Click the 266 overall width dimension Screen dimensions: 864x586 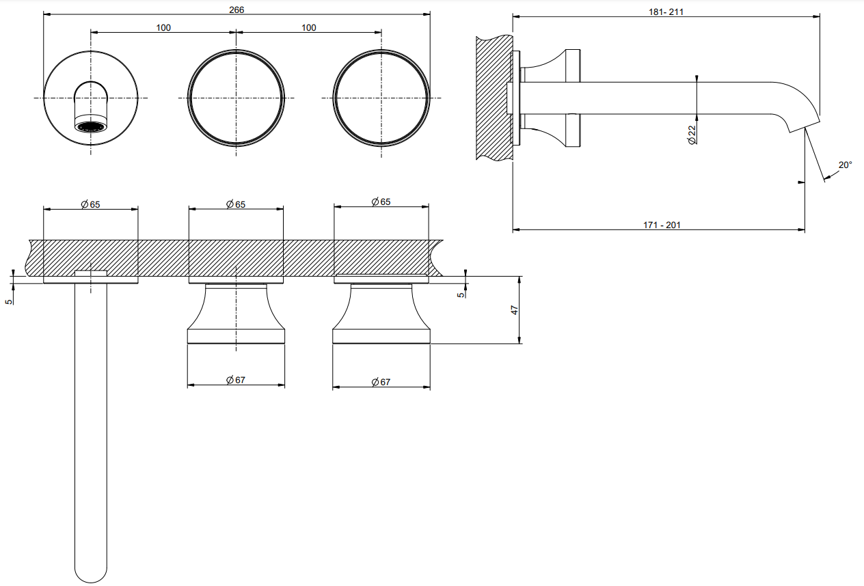(x=237, y=10)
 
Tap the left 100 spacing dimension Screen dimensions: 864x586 (x=163, y=28)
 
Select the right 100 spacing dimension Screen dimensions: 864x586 (x=308, y=28)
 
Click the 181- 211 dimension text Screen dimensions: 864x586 (x=666, y=12)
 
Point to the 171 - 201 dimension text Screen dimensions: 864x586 (x=662, y=225)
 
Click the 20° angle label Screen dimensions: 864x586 (x=845, y=165)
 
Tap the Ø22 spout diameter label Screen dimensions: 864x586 (x=692, y=135)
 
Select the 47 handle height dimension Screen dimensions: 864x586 (x=515, y=310)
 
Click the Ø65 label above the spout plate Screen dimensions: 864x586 (x=91, y=204)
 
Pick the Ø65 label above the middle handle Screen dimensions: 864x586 (x=236, y=204)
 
